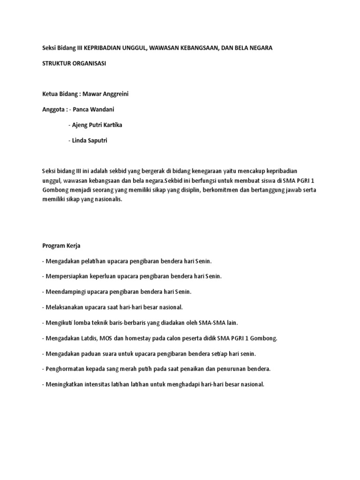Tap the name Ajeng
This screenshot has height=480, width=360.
coord(80,125)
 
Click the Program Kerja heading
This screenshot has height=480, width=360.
coord(61,245)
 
